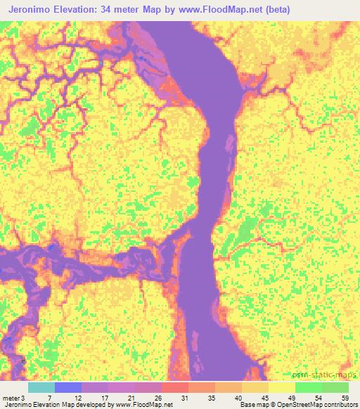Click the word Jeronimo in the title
pyautogui.click(x=34, y=10)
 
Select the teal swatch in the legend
pyautogui.click(x=41, y=387)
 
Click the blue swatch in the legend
pyautogui.click(x=68, y=387)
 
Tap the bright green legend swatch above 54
pyautogui.click(x=309, y=387)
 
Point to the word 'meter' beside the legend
pyautogui.click(x=11, y=398)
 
